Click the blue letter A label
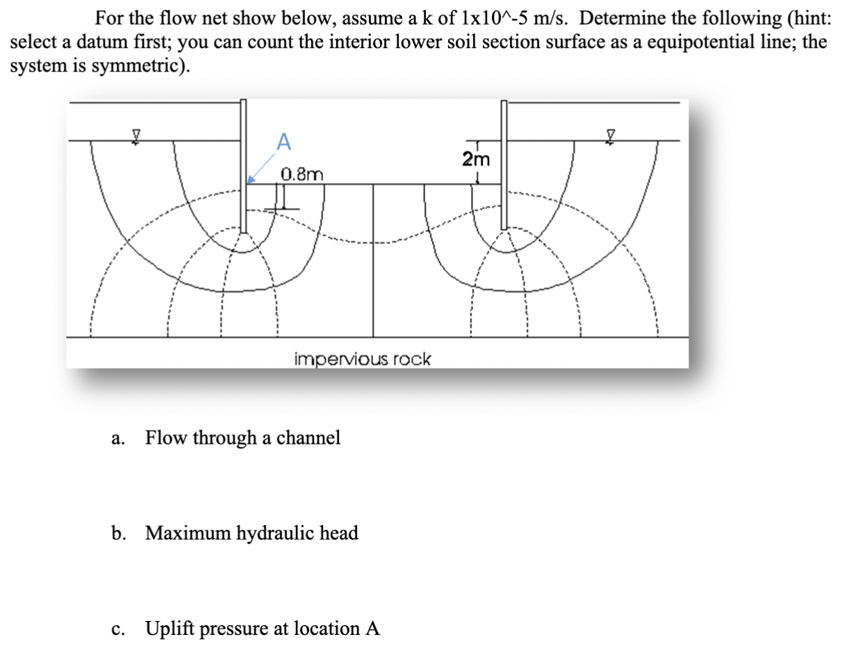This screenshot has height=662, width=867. pos(283,141)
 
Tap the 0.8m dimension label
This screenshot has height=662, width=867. pos(302,174)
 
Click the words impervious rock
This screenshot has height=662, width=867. pos(362,360)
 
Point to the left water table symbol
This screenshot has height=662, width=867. pos(138,134)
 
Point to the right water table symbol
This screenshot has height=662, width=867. pos(611,134)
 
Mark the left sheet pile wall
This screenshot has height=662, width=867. pos(243,167)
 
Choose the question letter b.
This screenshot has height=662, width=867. pos(118,534)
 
